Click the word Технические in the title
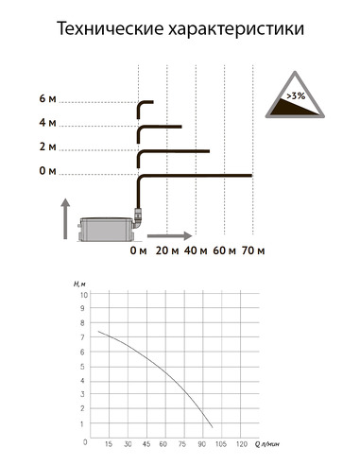point(111,28)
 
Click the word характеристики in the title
point(236,30)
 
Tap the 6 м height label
point(47,98)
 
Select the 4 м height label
point(47,123)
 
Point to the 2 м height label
point(47,146)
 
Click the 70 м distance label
point(253,250)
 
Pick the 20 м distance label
point(167,250)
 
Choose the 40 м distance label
point(196,250)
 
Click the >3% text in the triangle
point(296,95)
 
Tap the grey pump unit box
point(107,230)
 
